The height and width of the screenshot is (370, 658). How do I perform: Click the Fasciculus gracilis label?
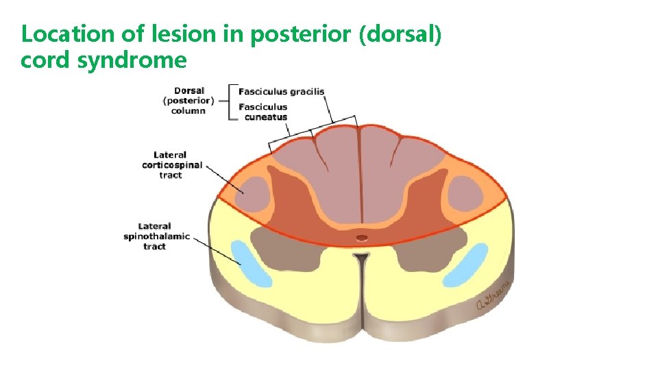[281, 91]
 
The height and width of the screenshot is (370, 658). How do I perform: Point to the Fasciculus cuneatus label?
[263, 112]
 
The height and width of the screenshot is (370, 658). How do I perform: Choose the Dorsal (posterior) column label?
[188, 100]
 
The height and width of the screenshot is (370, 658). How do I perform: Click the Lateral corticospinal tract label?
[171, 165]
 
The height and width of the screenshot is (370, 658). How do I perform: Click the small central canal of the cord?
[361, 238]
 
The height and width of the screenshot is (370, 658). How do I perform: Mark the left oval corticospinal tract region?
[252, 193]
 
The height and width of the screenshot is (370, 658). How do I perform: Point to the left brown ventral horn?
[284, 247]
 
